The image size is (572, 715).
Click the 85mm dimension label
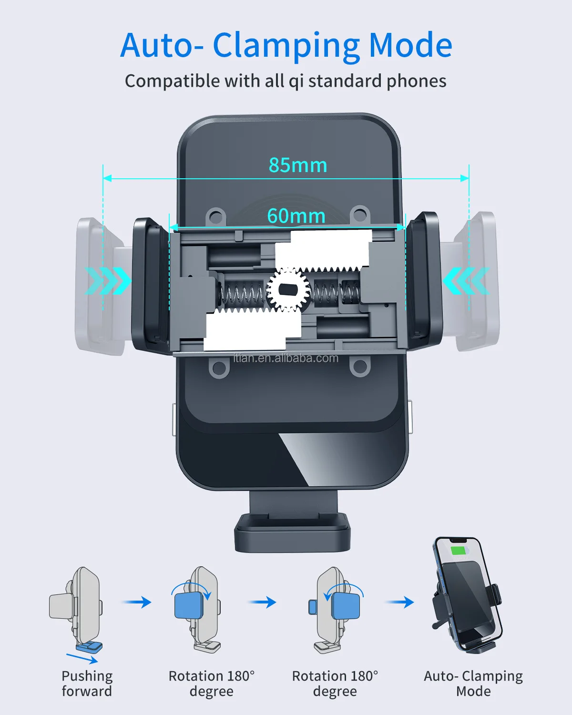pyautogui.click(x=298, y=165)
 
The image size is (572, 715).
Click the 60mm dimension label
pyautogui.click(x=296, y=216)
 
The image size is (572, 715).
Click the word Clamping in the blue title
pyautogui.click(x=286, y=46)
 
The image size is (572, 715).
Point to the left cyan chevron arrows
pyautogui.click(x=108, y=280)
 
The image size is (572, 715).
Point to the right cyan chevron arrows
pyautogui.click(x=466, y=280)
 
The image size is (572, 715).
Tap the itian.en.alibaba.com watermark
pyautogui.click(x=286, y=358)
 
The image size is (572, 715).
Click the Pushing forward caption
pyautogui.click(x=87, y=684)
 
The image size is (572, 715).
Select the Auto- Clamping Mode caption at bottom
pyautogui.click(x=473, y=684)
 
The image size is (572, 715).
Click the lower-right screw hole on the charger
pyautogui.click(x=359, y=367)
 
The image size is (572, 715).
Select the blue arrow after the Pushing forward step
pyautogui.click(x=137, y=603)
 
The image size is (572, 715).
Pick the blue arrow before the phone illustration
pyautogui.click(x=399, y=603)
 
